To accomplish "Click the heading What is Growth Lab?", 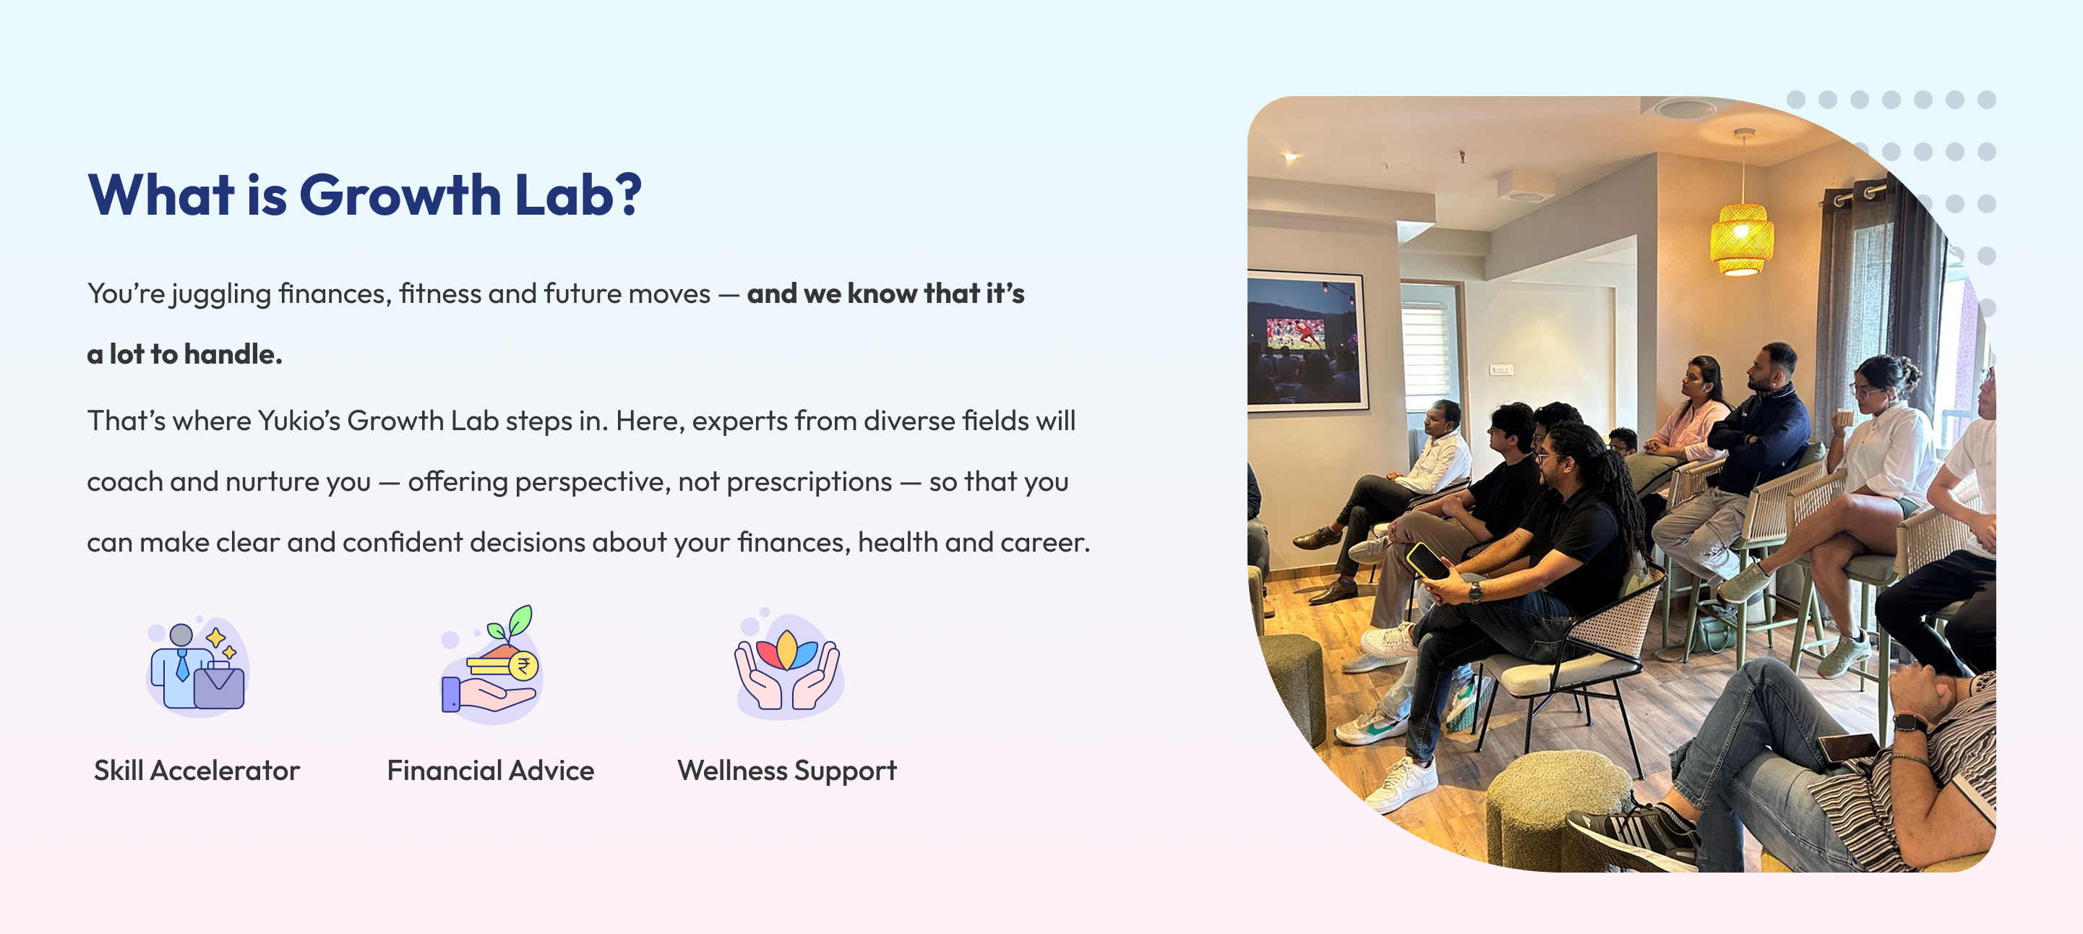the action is pos(365,195).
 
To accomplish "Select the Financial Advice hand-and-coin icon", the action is pos(490,664).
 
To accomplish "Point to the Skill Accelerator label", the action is pos(197,771).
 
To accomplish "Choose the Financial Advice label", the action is pos(491,771).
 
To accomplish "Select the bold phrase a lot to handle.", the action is pos(184,354).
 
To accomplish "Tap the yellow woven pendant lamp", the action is pos(1742,239).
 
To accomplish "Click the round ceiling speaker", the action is pos(1684,108).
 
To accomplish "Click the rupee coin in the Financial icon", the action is pos(523,667).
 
